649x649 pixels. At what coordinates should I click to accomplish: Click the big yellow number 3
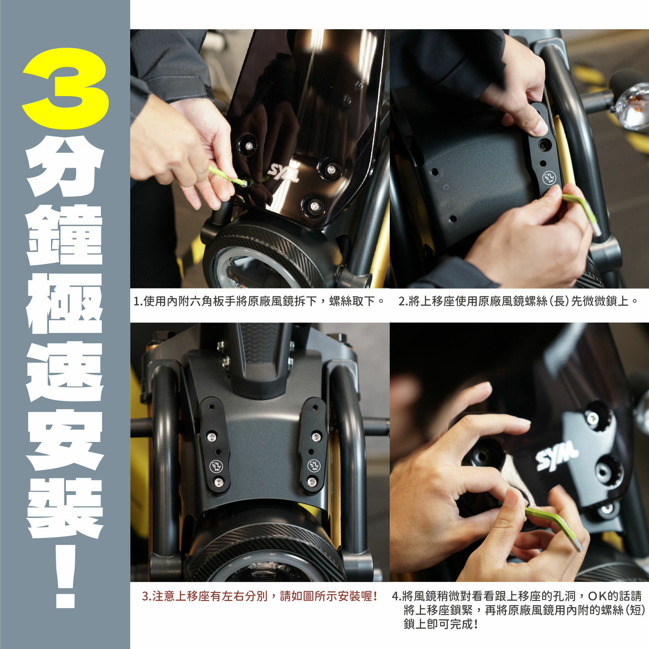(66, 88)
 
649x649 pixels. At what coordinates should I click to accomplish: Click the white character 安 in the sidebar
(65, 439)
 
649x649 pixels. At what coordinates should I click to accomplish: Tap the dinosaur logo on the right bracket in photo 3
(314, 465)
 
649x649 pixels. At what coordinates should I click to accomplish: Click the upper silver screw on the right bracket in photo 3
(316, 437)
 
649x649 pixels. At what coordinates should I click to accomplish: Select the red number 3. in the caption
(147, 596)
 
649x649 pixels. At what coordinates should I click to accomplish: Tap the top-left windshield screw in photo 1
(248, 145)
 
